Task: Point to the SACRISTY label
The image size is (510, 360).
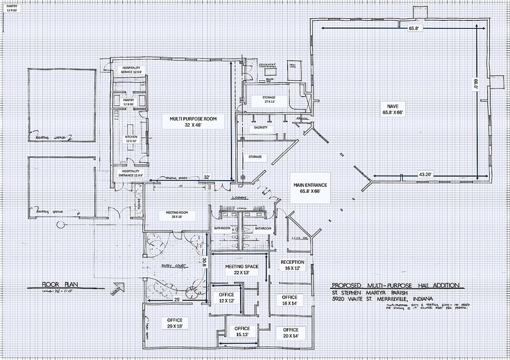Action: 261,127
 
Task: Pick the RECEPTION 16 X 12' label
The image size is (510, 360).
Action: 292,264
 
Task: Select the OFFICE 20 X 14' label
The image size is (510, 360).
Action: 291,333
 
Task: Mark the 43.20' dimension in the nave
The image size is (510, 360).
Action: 426,174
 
